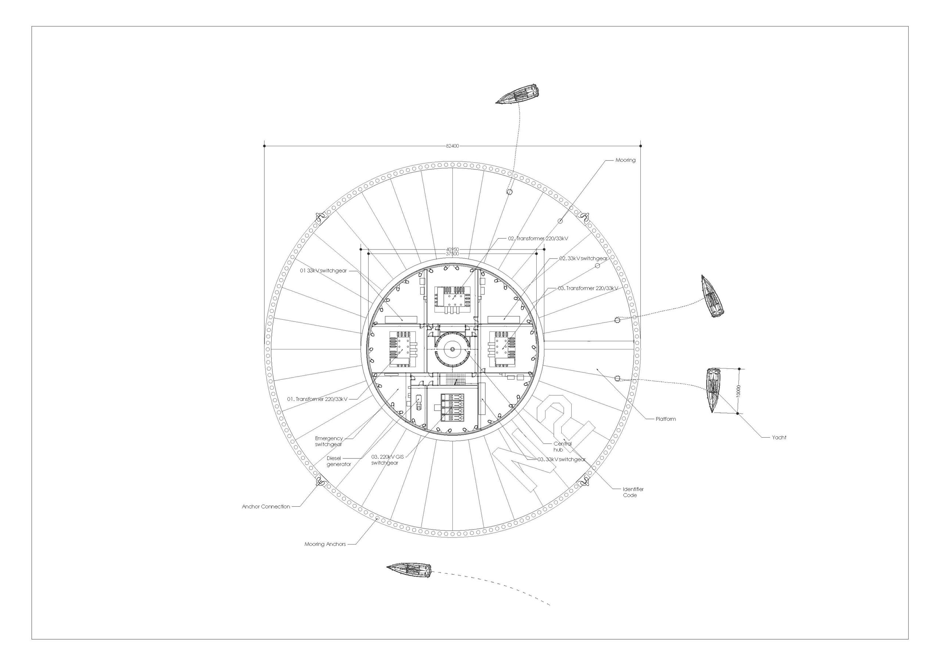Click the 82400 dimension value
[x=452, y=146]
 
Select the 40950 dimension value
[x=452, y=249]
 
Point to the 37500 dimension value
[x=452, y=254]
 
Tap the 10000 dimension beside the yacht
[x=738, y=391]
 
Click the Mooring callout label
[x=625, y=160]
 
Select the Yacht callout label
[x=779, y=438]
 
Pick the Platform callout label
[x=666, y=419]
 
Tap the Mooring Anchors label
[x=325, y=544]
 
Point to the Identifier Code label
[x=633, y=492]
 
